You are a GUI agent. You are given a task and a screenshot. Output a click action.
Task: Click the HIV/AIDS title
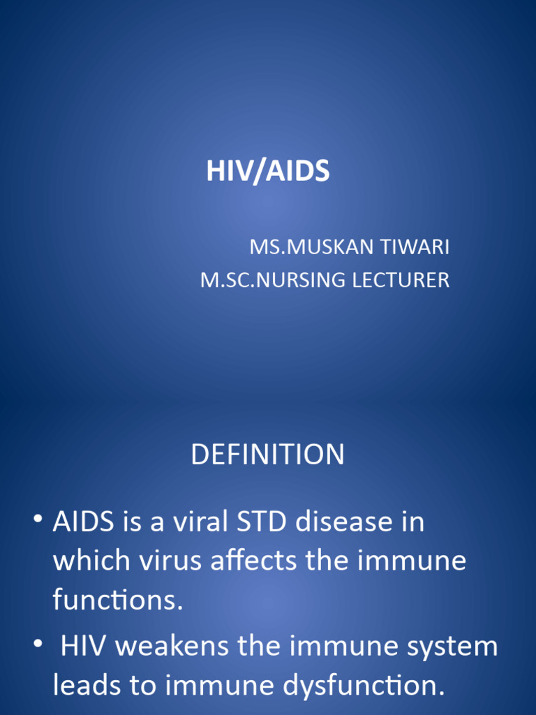tap(268, 172)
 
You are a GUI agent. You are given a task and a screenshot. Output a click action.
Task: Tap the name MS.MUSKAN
tap(304, 247)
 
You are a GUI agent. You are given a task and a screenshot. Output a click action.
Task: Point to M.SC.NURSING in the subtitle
tap(273, 281)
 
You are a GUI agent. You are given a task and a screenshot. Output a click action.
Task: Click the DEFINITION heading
tap(268, 455)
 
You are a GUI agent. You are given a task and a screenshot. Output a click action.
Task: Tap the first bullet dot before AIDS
tap(37, 520)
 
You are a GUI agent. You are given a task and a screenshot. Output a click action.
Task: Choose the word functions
tap(117, 600)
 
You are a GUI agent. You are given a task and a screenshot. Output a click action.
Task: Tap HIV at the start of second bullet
tap(83, 647)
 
